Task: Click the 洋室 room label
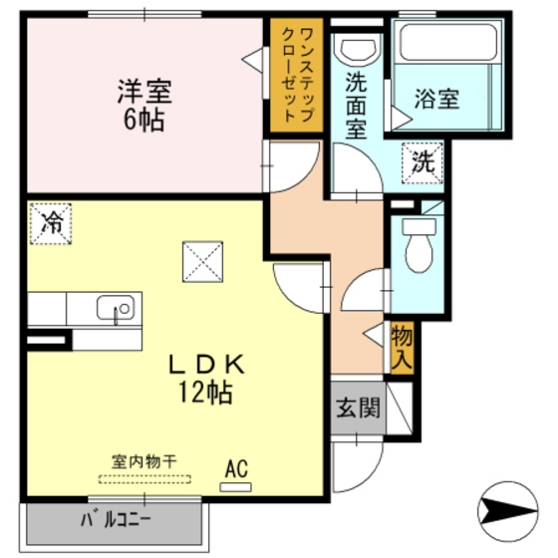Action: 146,94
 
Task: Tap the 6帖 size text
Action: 145,122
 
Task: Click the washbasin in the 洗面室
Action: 357,49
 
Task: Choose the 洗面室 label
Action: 356,105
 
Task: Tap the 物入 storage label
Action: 402,347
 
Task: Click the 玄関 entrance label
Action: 356,408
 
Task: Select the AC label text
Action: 237,467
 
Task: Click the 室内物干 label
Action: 144,461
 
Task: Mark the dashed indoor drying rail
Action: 144,478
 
